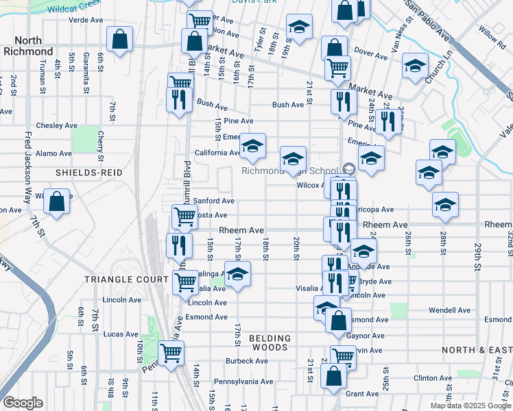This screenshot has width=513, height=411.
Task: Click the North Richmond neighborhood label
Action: (28, 46)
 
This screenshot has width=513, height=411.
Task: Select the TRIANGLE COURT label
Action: (126, 279)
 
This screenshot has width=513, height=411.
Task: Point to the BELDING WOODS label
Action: (270, 343)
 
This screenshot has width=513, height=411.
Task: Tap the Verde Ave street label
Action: (86, 20)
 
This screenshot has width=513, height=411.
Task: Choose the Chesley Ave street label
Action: (57, 125)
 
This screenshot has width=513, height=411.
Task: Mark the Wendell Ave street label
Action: (450, 310)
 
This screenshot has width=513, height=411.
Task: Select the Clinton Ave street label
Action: (434, 378)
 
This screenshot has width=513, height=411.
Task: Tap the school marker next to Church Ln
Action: (414, 66)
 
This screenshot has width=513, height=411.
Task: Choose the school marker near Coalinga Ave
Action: (237, 275)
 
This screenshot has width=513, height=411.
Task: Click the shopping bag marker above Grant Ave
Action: (333, 375)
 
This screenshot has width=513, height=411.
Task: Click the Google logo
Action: (23, 403)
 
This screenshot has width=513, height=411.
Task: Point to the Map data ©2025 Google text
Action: (470, 406)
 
